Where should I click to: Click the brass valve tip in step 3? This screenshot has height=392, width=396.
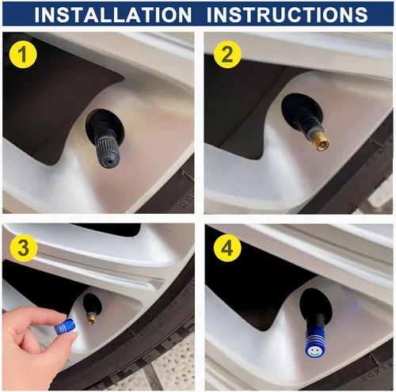pyautogui.click(x=92, y=318)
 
